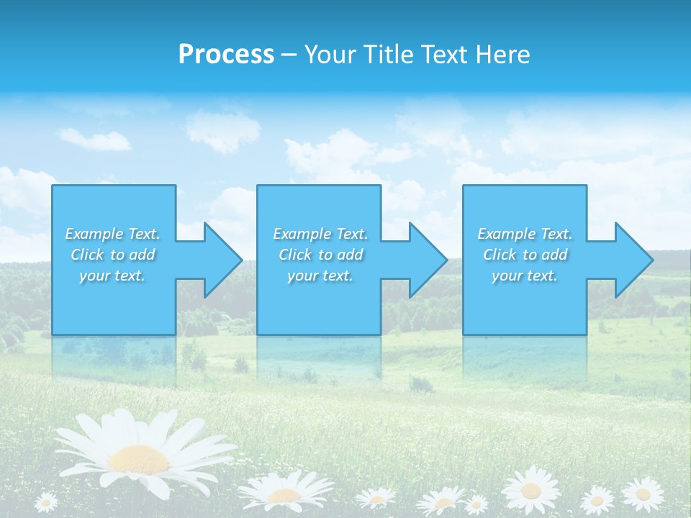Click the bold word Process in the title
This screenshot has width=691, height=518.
click(226, 54)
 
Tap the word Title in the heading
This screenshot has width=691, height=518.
click(389, 55)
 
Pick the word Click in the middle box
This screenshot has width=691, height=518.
click(296, 255)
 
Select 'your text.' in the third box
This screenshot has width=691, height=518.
click(524, 276)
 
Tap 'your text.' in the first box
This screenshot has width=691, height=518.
click(112, 276)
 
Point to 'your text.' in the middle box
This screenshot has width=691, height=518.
click(320, 276)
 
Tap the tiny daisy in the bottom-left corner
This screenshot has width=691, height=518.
click(46, 501)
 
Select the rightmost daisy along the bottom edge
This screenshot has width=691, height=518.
click(642, 494)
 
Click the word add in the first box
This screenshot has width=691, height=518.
click(143, 255)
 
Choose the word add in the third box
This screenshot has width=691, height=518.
click(555, 255)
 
